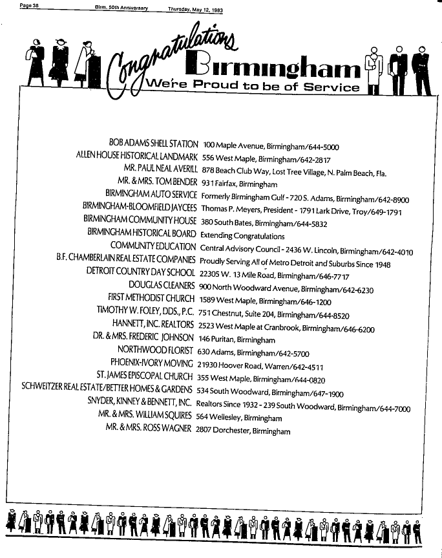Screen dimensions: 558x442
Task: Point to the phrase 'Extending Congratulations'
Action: pyautogui.click(x=242, y=235)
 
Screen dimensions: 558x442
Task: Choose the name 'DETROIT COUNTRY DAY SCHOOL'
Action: pyautogui.click(x=140, y=270)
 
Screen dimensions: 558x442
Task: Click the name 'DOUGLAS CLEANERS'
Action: pyautogui.click(x=161, y=284)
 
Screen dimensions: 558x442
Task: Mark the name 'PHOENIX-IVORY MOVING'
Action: pyautogui.click(x=151, y=363)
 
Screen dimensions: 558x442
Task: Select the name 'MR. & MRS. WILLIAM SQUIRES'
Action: pyautogui.click(x=145, y=414)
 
